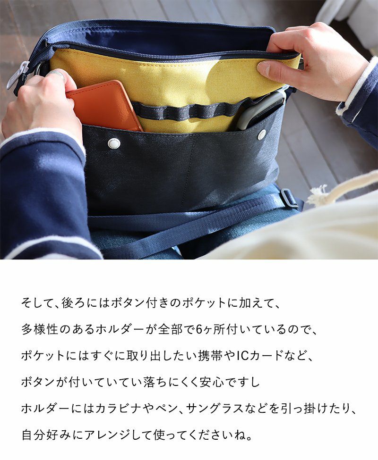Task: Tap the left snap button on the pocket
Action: tap(114, 143)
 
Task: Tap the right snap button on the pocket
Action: tap(261, 134)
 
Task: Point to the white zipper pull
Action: tap(17, 75)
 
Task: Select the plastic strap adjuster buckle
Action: tap(289, 198)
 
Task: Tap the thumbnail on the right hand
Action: tap(264, 68)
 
